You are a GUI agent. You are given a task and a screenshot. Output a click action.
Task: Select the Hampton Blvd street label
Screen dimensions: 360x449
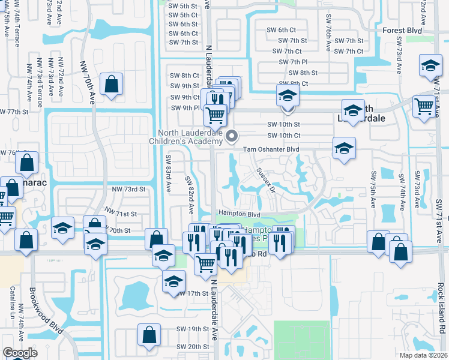[x=239, y=214]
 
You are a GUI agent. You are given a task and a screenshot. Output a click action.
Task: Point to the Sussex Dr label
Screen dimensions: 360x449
[x=265, y=178]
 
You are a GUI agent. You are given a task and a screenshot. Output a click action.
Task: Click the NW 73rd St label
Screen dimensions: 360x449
[x=129, y=189]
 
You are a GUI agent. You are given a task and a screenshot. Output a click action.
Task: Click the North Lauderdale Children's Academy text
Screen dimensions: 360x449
[x=188, y=137]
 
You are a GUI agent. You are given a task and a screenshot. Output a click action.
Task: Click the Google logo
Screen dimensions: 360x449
[x=19, y=353]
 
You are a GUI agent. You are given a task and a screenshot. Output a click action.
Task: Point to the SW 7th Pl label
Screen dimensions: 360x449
[x=294, y=62]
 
